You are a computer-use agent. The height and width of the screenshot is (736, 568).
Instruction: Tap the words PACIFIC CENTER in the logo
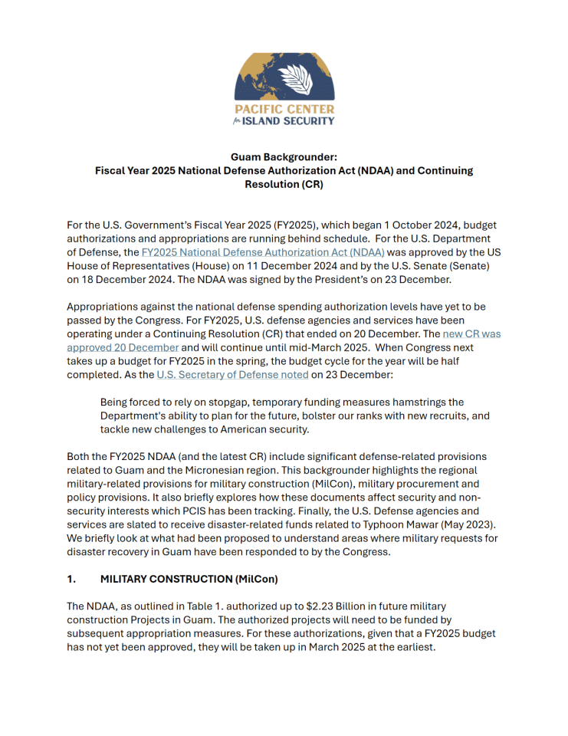coord(284,110)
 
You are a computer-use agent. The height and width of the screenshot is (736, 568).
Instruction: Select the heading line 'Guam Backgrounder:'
coord(284,156)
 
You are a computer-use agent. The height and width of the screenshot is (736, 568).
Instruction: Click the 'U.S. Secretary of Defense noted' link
coord(232,375)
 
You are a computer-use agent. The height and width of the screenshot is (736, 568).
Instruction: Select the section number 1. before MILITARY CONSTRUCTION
coord(71,580)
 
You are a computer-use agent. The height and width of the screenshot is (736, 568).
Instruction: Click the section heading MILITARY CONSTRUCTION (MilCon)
coord(180,580)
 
